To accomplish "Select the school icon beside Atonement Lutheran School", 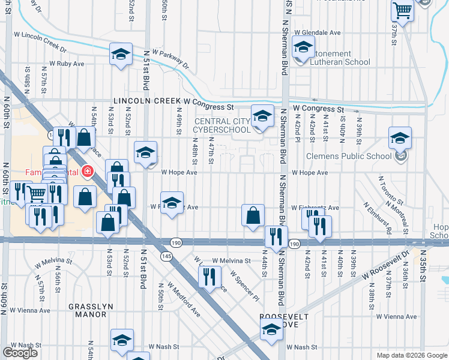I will (303, 47).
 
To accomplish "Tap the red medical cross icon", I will (88, 172).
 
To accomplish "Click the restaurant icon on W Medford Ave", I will (209, 277).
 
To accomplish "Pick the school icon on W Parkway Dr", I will (121, 54).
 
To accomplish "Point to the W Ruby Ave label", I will (65, 63).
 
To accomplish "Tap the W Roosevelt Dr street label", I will (385, 265).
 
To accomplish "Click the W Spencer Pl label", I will (244, 285).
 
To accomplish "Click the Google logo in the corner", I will (20, 353).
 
